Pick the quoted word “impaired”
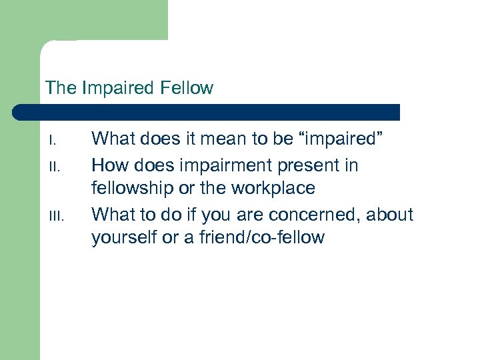click(340, 139)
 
